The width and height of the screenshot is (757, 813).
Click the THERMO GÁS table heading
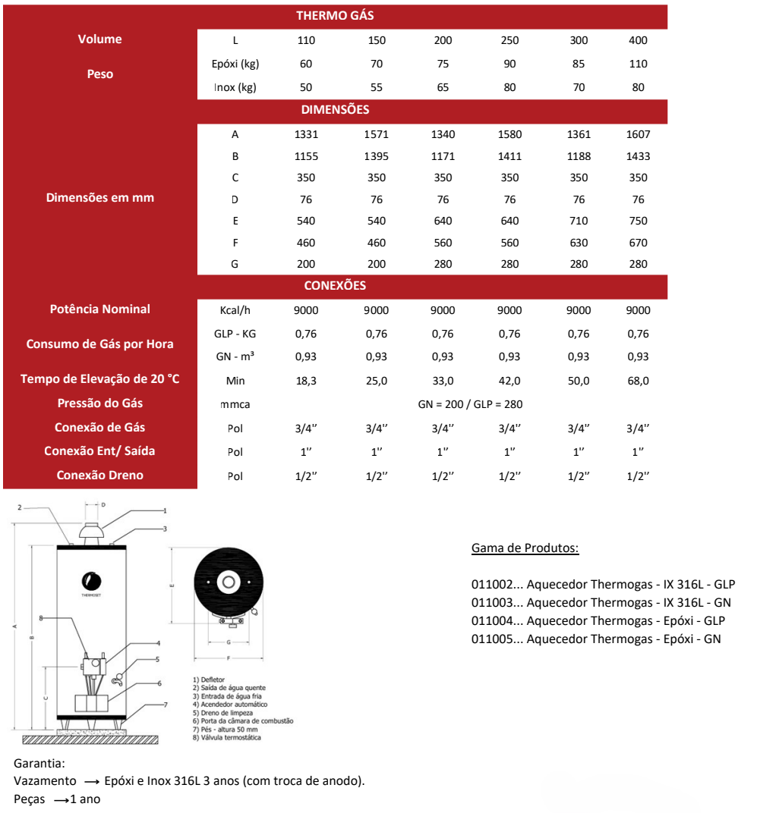pyautogui.click(x=335, y=15)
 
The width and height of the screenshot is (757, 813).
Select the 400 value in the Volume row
pyautogui.click(x=638, y=40)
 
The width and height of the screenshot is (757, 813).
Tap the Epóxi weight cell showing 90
pyautogui.click(x=509, y=64)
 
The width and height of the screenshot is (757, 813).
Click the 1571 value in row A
pyautogui.click(x=376, y=134)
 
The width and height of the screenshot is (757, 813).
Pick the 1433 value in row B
pyautogui.click(x=638, y=156)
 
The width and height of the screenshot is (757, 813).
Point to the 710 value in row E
pyautogui.click(x=579, y=221)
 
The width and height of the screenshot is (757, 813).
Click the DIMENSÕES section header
pyautogui.click(x=335, y=109)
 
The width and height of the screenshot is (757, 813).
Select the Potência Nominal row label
pyautogui.click(x=99, y=309)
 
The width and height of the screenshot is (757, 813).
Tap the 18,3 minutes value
pyautogui.click(x=306, y=381)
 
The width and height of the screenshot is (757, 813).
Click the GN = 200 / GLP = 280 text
pyautogui.click(x=470, y=404)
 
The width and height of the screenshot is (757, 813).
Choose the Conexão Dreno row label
pyautogui.click(x=99, y=475)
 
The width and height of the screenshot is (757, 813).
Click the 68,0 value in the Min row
pyautogui.click(x=638, y=381)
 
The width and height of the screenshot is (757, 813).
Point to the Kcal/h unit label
pyautogui.click(x=235, y=310)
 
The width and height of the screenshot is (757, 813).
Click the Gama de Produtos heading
pyautogui.click(x=525, y=548)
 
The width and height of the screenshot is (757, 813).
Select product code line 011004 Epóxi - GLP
pyautogui.click(x=598, y=620)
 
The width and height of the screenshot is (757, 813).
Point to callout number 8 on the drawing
pyautogui.click(x=41, y=618)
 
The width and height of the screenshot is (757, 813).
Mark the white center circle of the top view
pyautogui.click(x=227, y=582)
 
